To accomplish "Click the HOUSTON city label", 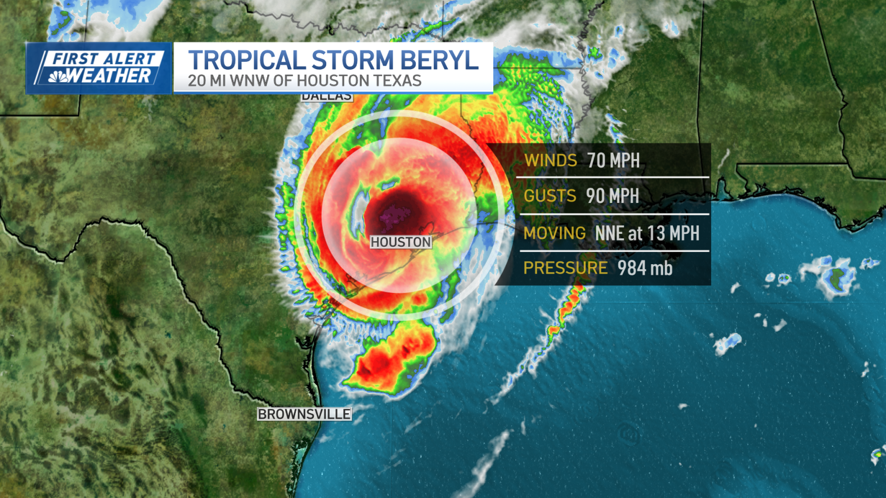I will coord(401,242).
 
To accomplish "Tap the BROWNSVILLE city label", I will coord(304,414).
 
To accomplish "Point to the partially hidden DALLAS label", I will coord(326,97).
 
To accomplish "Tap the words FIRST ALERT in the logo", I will coord(104,58).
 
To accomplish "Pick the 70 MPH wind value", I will coord(613,161).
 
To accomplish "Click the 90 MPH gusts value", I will coord(612,196).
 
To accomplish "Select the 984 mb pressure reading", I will coord(645,268).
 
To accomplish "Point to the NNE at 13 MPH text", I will coord(647,233).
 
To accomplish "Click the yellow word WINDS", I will coord(551,161).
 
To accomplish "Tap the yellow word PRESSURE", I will coord(565,268).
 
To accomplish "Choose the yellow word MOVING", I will coord(555,233).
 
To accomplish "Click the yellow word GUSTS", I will coord(550,196).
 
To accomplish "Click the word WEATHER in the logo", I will coord(110,76).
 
